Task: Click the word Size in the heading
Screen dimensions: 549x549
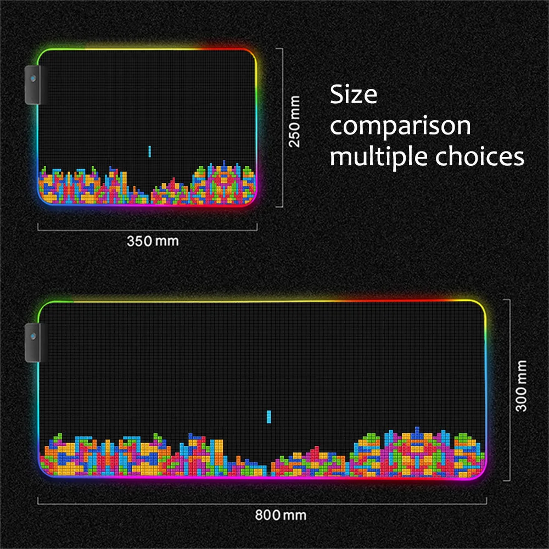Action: coord(354,96)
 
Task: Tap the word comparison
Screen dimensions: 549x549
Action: coord(400,127)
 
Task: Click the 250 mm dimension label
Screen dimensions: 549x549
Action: coord(295,121)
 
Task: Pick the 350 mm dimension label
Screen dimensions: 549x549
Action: coord(153,240)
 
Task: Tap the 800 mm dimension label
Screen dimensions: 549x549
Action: coord(281,516)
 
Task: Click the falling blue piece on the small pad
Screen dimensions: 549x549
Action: coord(149,152)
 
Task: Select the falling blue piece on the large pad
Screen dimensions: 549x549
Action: coord(269,417)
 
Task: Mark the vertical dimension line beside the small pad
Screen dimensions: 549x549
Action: coord(282,127)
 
